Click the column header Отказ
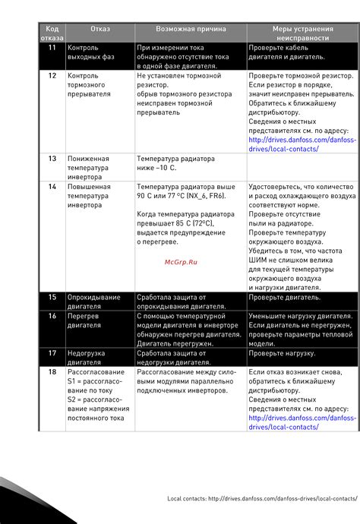point(100,29)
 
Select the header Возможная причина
point(191,29)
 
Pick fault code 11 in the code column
point(52,47)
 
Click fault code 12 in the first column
point(52,77)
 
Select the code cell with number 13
point(52,159)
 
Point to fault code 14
point(52,186)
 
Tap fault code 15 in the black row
point(52,298)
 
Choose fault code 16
point(52,315)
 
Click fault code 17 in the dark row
point(52,353)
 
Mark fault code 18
point(52,372)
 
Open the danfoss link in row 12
point(302,144)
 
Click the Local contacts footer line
point(262,498)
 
